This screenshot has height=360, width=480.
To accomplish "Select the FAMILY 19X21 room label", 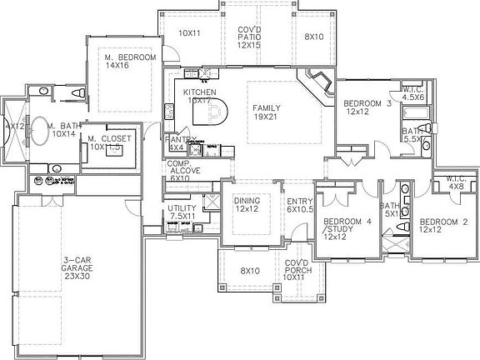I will tap(267, 112).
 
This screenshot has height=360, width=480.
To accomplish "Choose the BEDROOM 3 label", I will tap(367, 107).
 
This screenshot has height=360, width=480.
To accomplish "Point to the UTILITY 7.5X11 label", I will tap(182, 212).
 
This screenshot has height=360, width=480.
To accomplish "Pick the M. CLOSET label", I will tap(112, 142).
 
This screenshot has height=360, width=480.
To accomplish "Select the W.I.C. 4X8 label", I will tap(455, 182).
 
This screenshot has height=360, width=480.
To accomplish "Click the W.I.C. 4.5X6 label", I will tap(413, 93).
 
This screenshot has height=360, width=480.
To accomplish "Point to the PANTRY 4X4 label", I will tap(178, 143).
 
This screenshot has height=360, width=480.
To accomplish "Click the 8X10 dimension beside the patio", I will tap(313, 37).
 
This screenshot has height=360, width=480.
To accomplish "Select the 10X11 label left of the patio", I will tap(190, 33).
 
